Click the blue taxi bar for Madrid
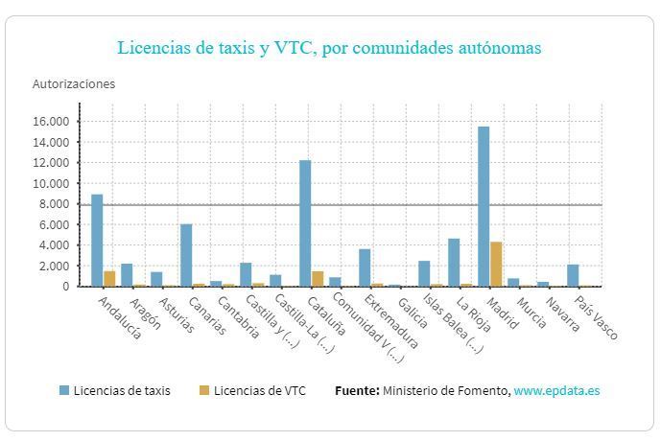[484, 206]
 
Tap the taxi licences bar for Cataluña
[305, 222]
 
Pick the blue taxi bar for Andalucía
[97, 240]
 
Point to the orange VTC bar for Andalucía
[109, 278]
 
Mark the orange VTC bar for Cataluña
[318, 278]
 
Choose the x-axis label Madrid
[503, 312]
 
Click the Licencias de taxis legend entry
[115, 390]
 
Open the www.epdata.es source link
[556, 390]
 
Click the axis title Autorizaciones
[74, 83]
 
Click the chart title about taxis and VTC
[329, 47]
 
